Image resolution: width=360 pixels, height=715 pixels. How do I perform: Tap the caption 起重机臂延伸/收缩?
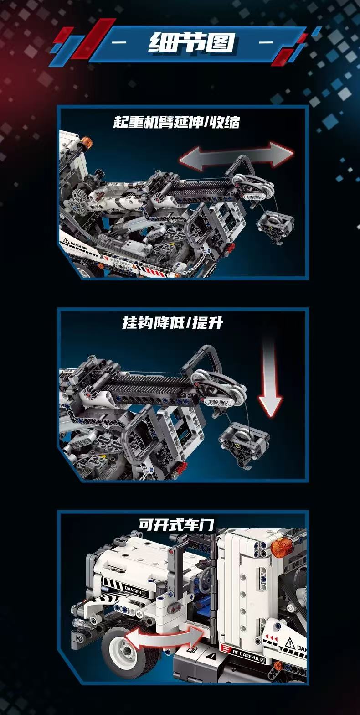click(176, 122)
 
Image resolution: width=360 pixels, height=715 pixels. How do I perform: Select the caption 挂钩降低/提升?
click(173, 323)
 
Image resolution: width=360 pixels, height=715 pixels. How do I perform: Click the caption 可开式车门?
click(176, 524)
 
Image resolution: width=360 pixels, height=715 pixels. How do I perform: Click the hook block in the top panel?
click(275, 227)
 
